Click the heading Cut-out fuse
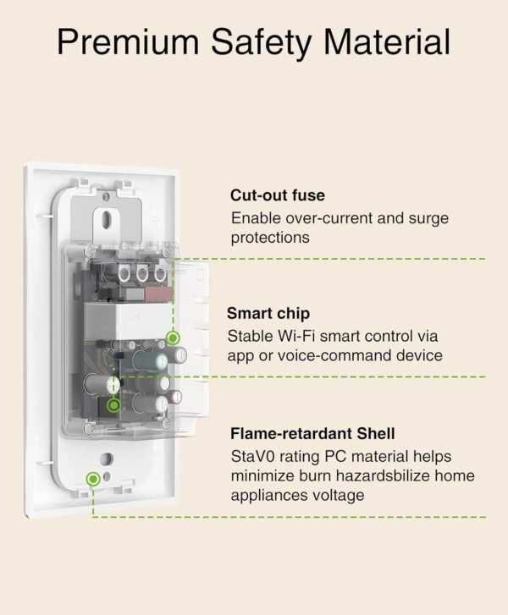[277, 195]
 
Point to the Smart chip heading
[268, 312]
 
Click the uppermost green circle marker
[174, 338]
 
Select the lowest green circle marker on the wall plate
[92, 478]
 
